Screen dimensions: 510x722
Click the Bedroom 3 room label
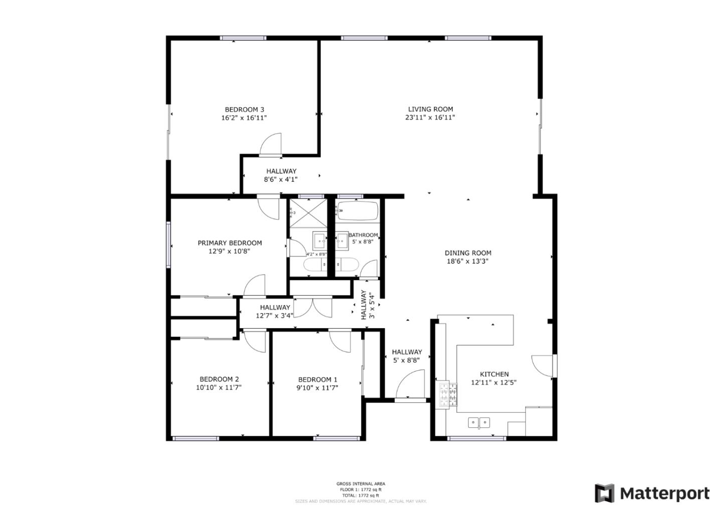point(244,110)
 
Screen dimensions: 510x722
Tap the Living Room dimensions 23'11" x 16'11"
point(430,118)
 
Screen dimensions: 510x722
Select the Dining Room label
point(468,253)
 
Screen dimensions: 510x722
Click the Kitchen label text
point(494,374)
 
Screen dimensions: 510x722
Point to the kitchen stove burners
point(449,394)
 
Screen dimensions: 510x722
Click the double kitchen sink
point(479,423)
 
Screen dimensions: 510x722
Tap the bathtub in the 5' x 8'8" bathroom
point(357,210)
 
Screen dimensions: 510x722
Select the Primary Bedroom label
point(230,243)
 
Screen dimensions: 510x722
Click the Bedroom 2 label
point(219,379)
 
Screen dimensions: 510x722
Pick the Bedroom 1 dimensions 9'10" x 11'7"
point(317,387)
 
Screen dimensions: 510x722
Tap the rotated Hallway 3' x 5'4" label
point(368,306)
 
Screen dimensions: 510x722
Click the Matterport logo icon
point(604,493)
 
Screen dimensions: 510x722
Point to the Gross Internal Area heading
point(360,483)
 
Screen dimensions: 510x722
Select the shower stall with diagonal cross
point(307,214)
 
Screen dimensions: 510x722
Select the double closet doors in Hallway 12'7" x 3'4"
point(312,307)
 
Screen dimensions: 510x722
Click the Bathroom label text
point(363,235)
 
